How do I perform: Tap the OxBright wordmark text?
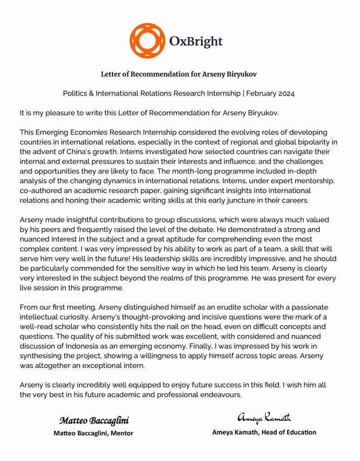point(196,42)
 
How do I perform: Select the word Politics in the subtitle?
point(76,94)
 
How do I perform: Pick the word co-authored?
point(40,190)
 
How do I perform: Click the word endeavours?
point(216,395)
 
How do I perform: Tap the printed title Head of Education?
point(284,432)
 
